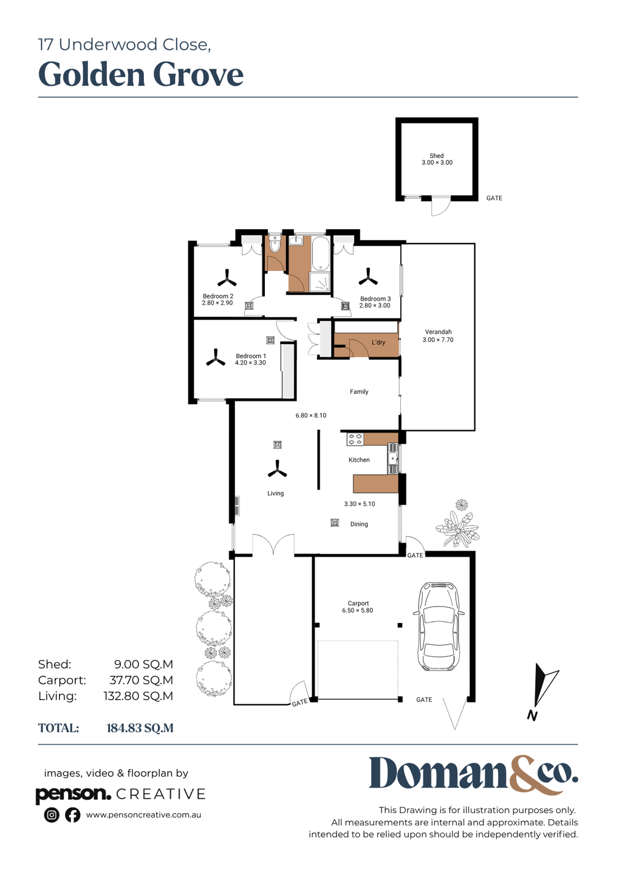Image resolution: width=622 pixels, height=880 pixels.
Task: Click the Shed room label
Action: pos(436,156)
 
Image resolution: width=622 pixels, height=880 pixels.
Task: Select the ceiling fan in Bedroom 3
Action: pos(368,277)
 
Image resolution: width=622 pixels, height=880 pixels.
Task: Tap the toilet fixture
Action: pos(275,244)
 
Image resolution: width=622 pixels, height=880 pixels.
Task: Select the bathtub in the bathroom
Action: pos(321,253)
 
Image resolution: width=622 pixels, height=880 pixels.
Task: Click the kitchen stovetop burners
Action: pos(355,439)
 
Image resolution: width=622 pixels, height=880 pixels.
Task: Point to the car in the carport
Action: pos(439,627)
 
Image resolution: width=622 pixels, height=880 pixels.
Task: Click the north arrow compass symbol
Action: pos(542,690)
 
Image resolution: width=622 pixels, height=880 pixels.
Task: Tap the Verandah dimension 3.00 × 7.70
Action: pos(438,340)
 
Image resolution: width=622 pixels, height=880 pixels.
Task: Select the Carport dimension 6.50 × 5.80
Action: pos(357,610)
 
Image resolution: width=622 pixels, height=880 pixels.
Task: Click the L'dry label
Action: pos(378,342)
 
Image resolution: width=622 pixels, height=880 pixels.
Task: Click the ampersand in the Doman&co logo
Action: pos(530,779)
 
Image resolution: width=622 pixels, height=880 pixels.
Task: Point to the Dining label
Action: pos(359,524)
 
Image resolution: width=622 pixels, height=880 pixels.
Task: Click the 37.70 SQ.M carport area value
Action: pos(141,680)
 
